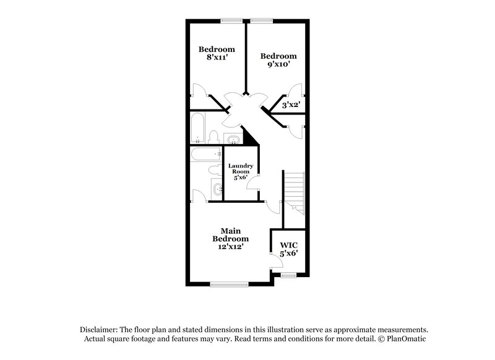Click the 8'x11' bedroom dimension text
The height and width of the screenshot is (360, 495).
(216, 58)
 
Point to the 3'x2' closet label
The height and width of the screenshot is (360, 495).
(291, 105)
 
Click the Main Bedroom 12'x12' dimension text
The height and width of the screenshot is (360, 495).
(230, 246)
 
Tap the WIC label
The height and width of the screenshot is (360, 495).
(289, 245)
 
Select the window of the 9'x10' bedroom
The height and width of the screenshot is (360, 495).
(262, 20)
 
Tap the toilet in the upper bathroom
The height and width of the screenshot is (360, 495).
(213, 136)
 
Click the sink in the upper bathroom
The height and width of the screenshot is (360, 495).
(233, 139)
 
